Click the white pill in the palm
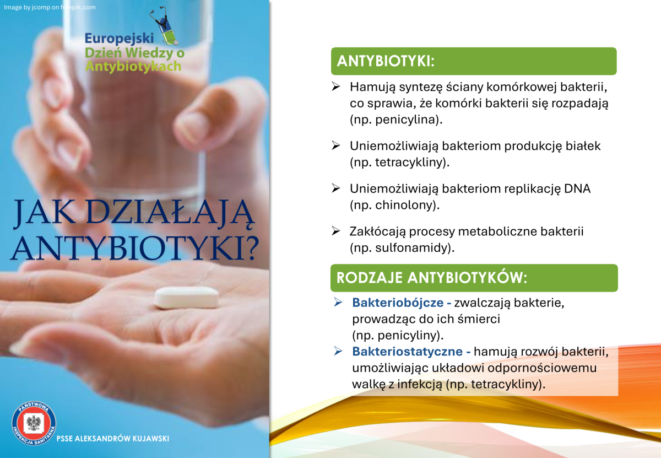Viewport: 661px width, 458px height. point(187,298)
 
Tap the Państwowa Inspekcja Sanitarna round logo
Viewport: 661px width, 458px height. point(34,423)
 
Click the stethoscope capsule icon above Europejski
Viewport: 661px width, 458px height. point(165,26)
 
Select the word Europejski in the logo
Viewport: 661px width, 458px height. point(119,39)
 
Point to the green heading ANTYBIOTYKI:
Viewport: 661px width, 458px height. point(386,61)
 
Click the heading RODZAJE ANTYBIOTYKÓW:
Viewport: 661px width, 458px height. point(432,278)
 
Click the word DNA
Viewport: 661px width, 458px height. point(577,188)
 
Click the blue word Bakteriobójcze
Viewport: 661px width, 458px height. point(398,303)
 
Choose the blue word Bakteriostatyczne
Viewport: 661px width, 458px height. point(408,352)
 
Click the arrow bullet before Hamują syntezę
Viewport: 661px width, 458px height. point(336,86)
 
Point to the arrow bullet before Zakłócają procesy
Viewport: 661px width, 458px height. point(336,230)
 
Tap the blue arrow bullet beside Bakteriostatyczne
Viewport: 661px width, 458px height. point(338,351)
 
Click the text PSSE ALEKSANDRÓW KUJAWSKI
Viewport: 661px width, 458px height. point(113,439)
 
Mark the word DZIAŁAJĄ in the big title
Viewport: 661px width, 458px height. point(170,213)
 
